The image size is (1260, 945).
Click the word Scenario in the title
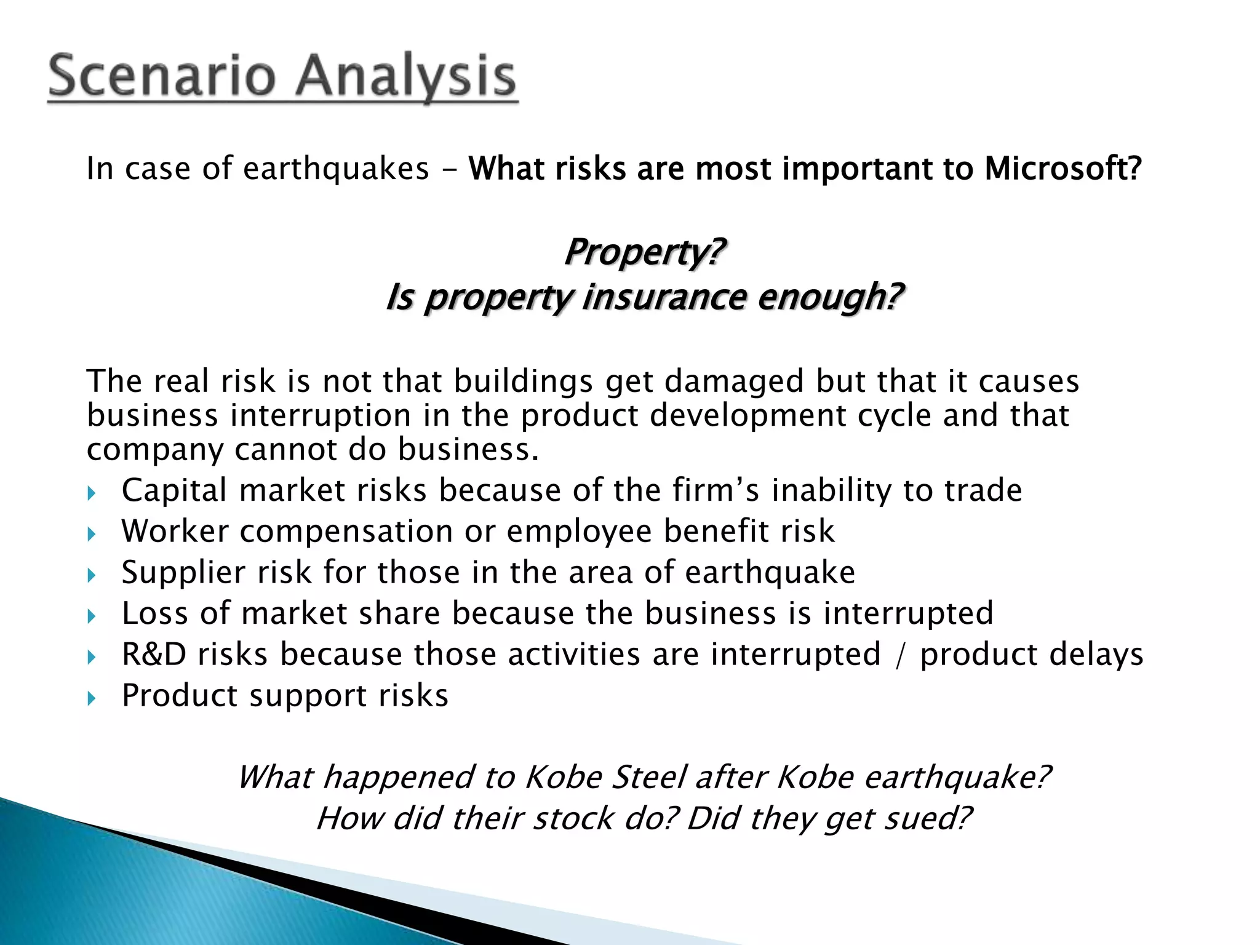tap(161, 76)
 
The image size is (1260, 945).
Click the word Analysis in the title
tap(407, 76)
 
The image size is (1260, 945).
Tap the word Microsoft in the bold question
tap(1063, 169)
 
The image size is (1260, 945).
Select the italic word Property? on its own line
tap(644, 252)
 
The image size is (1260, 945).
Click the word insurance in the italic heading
tap(664, 297)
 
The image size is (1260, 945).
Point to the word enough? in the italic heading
tap(830, 297)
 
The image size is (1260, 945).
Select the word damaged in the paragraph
tap(734, 381)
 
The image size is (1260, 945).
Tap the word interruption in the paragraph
tap(321, 415)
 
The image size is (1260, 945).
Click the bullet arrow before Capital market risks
tap(92, 493)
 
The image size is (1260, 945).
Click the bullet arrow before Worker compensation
tap(92, 533)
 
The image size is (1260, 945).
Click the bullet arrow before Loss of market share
tap(92, 616)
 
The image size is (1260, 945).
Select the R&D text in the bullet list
tap(154, 654)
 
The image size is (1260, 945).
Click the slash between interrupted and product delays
tap(901, 655)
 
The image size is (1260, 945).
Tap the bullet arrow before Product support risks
tap(92, 698)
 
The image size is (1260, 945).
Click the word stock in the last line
tap(573, 818)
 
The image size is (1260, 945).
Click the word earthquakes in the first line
tap(336, 169)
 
